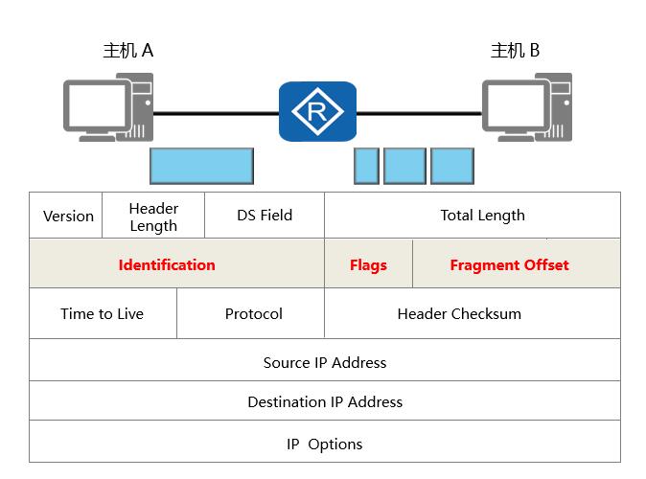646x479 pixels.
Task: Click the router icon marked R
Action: point(317,111)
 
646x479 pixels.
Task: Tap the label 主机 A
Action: point(127,51)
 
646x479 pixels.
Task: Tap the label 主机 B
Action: point(515,51)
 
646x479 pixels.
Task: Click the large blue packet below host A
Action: point(201,166)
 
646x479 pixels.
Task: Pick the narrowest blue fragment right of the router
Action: point(366,166)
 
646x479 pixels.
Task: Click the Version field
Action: point(69,216)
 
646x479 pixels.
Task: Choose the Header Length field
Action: point(153,217)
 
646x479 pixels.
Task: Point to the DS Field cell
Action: point(265,216)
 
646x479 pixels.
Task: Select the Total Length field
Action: point(482,216)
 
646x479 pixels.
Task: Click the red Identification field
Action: point(167,265)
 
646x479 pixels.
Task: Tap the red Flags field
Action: point(368,265)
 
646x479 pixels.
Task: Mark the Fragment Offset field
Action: point(509,265)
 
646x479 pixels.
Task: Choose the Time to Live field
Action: point(102,314)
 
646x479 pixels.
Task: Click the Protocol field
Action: point(253,314)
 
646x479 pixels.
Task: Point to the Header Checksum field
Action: point(459,314)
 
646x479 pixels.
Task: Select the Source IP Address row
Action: point(325,363)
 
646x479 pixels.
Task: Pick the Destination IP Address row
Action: point(325,402)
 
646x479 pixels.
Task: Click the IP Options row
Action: point(325,445)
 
